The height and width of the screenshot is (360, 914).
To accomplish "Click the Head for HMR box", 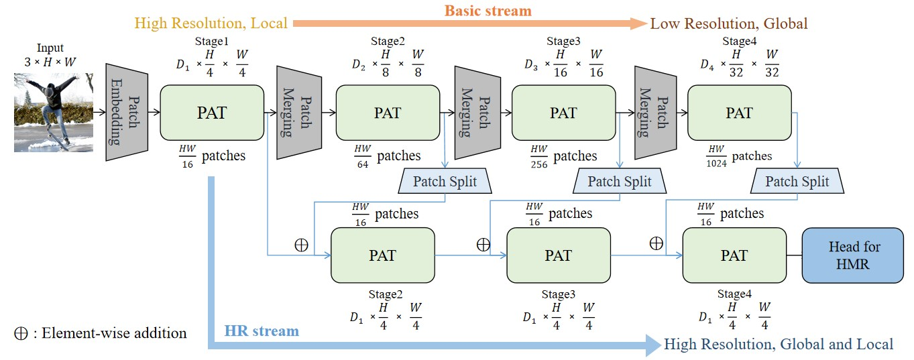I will [x=854, y=255].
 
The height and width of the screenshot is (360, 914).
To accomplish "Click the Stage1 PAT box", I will [x=212, y=113].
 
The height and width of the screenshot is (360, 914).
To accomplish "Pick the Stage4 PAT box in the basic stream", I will [x=739, y=113].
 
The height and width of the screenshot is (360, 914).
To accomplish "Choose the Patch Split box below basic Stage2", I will [x=445, y=181].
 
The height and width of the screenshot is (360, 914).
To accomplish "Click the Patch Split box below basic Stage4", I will [x=797, y=181].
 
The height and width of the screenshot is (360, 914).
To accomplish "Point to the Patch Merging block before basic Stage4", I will [x=654, y=113].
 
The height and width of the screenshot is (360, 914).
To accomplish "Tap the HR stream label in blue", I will [x=262, y=331].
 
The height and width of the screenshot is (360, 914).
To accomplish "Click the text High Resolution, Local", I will [x=211, y=23].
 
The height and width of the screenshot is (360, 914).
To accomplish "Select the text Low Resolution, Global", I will [x=729, y=23].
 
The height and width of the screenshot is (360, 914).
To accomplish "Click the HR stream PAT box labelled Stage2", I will [x=382, y=255].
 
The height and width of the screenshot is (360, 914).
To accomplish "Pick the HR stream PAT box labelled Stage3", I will [x=558, y=255].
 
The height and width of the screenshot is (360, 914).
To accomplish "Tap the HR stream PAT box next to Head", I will [x=734, y=255].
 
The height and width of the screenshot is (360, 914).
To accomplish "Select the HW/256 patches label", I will [x=562, y=156].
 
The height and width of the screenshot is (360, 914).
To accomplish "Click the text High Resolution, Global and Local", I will [x=779, y=344].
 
